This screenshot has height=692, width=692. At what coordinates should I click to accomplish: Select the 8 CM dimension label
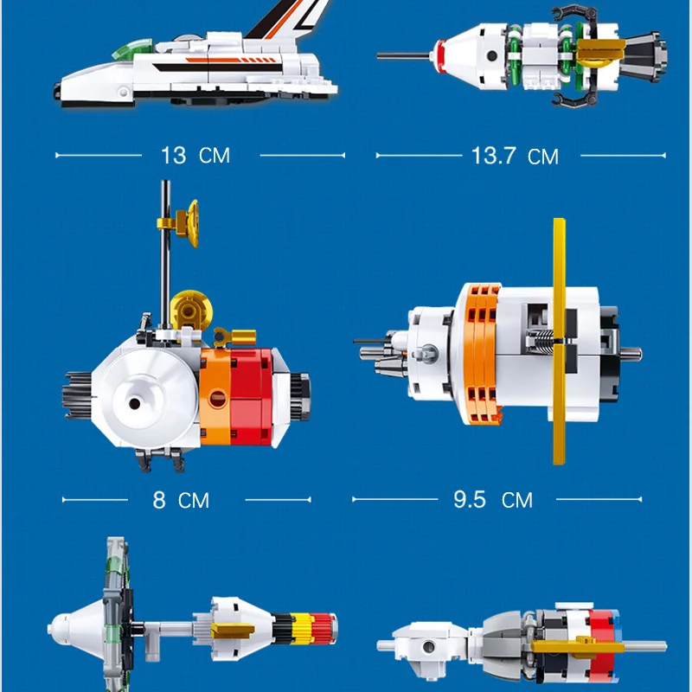pos(181,500)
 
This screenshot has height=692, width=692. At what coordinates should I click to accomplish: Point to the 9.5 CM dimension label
pos(493,500)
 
